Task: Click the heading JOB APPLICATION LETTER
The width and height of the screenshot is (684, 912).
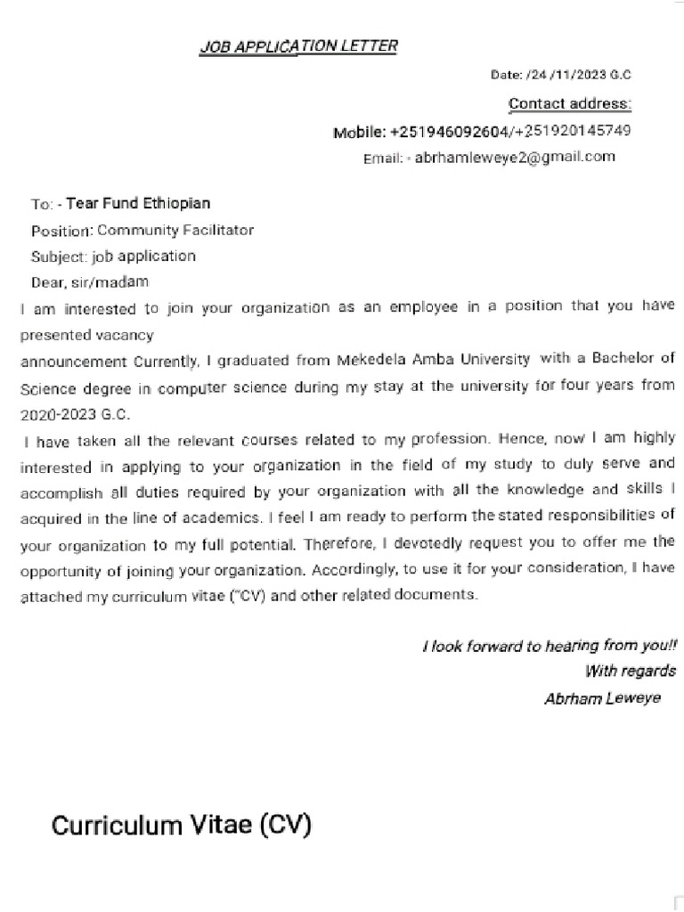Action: click(298, 46)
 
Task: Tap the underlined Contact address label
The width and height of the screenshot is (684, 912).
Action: click(569, 104)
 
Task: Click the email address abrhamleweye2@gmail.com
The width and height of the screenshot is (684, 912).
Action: click(516, 158)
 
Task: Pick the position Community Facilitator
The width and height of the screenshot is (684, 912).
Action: click(175, 230)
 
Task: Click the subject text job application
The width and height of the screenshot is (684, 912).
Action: click(143, 256)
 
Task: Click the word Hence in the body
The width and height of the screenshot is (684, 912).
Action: click(517, 439)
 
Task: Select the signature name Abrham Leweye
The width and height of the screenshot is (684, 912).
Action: click(602, 698)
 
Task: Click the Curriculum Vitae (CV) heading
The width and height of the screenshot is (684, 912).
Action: click(181, 826)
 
